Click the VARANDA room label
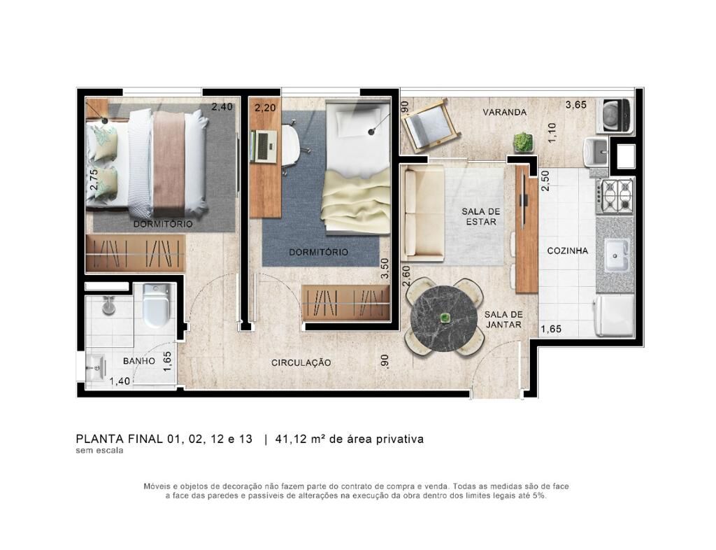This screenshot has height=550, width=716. (x=505, y=112)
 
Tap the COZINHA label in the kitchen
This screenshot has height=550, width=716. (x=568, y=251)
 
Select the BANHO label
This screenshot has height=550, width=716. (x=139, y=361)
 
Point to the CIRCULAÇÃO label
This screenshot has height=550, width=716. (x=301, y=362)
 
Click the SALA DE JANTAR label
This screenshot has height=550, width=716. (x=503, y=320)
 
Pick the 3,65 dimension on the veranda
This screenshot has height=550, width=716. (x=576, y=104)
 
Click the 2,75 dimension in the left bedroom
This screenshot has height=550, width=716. (x=94, y=180)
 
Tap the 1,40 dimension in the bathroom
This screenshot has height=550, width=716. (x=120, y=381)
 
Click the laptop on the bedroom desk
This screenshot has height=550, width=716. (x=265, y=146)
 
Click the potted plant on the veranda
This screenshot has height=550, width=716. (x=523, y=142)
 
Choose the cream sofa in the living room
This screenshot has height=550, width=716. (x=423, y=213)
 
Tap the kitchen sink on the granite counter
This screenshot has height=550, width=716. (x=617, y=255)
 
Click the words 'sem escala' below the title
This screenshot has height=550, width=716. (x=99, y=451)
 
